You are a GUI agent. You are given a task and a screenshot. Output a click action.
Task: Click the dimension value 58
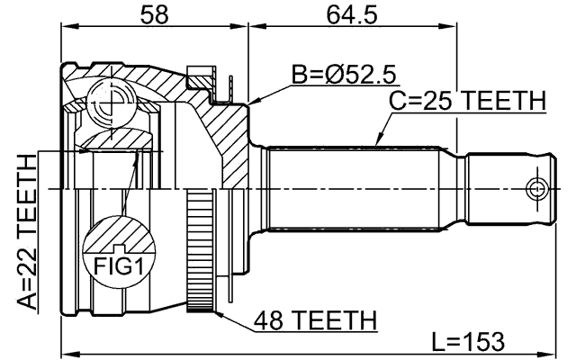click(x=153, y=14)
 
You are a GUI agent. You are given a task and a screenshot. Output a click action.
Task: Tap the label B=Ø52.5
click(x=344, y=75)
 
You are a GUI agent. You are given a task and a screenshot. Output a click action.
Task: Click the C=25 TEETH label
click(x=467, y=102)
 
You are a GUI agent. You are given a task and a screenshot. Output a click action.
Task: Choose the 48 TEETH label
click(x=315, y=319)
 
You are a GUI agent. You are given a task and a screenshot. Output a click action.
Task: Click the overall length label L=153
click(x=468, y=342)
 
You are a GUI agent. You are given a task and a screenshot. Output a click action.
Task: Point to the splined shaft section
click(x=360, y=189)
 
